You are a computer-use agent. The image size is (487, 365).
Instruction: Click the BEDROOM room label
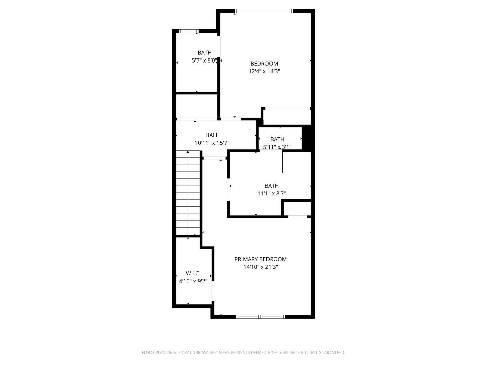tap(264, 64)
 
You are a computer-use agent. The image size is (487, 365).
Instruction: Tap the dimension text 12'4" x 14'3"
tap(264, 71)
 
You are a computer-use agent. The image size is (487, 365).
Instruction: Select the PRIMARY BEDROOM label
tap(260, 259)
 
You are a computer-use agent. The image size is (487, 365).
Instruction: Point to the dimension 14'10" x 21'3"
tap(260, 267)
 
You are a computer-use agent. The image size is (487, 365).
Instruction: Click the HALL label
tap(212, 135)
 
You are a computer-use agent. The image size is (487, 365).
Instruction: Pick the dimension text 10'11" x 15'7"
tap(212, 143)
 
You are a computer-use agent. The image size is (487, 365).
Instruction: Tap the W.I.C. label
tap(193, 273)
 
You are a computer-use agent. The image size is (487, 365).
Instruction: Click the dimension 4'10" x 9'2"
tap(193, 281)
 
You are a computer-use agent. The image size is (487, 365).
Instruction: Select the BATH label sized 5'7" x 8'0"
tap(204, 53)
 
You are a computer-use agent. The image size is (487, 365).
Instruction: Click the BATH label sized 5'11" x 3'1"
tap(277, 139)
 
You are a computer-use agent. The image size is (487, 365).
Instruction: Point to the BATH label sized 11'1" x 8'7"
tap(272, 186)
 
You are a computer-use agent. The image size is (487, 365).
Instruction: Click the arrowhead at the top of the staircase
tap(188, 153)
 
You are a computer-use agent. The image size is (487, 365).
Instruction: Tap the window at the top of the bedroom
tap(264, 11)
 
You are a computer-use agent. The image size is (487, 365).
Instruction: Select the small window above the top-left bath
tap(188, 31)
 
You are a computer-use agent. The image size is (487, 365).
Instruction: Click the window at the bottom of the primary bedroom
tap(260, 317)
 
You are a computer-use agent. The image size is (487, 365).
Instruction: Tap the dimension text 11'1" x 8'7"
tap(272, 194)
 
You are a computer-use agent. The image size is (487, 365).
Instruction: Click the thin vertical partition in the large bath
tap(284, 163)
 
